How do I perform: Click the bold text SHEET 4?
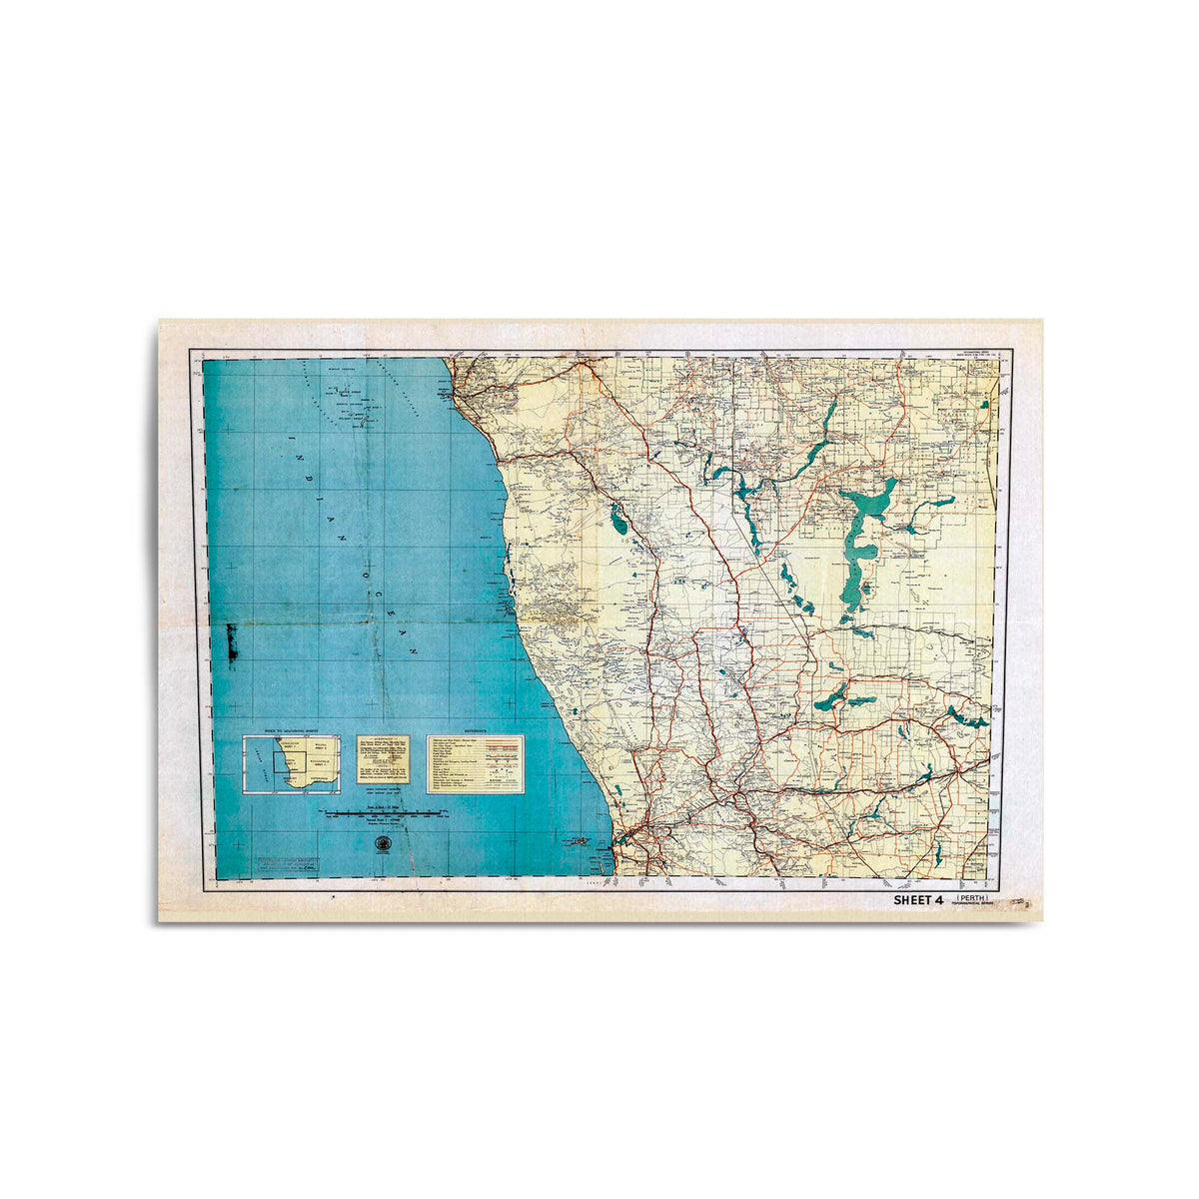917,900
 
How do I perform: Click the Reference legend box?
475,765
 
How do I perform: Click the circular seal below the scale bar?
381,846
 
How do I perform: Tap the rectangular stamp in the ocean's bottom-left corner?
291,864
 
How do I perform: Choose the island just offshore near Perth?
578,842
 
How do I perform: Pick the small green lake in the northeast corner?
983,406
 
